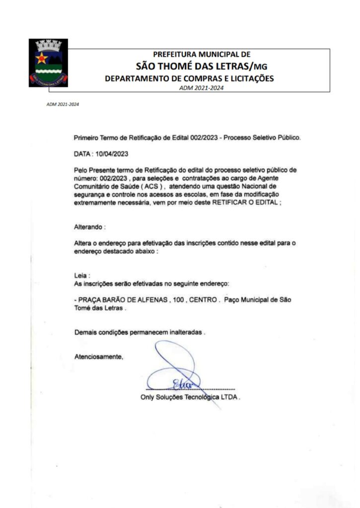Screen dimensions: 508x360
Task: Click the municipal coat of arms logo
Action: tap(48, 63)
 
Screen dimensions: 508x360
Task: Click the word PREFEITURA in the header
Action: tap(174, 55)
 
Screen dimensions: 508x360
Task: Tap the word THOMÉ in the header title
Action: tap(182, 66)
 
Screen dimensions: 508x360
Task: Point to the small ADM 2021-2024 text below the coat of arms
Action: tap(63, 105)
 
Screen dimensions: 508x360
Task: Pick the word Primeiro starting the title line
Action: tap(86, 137)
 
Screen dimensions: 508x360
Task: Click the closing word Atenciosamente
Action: tap(98, 356)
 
